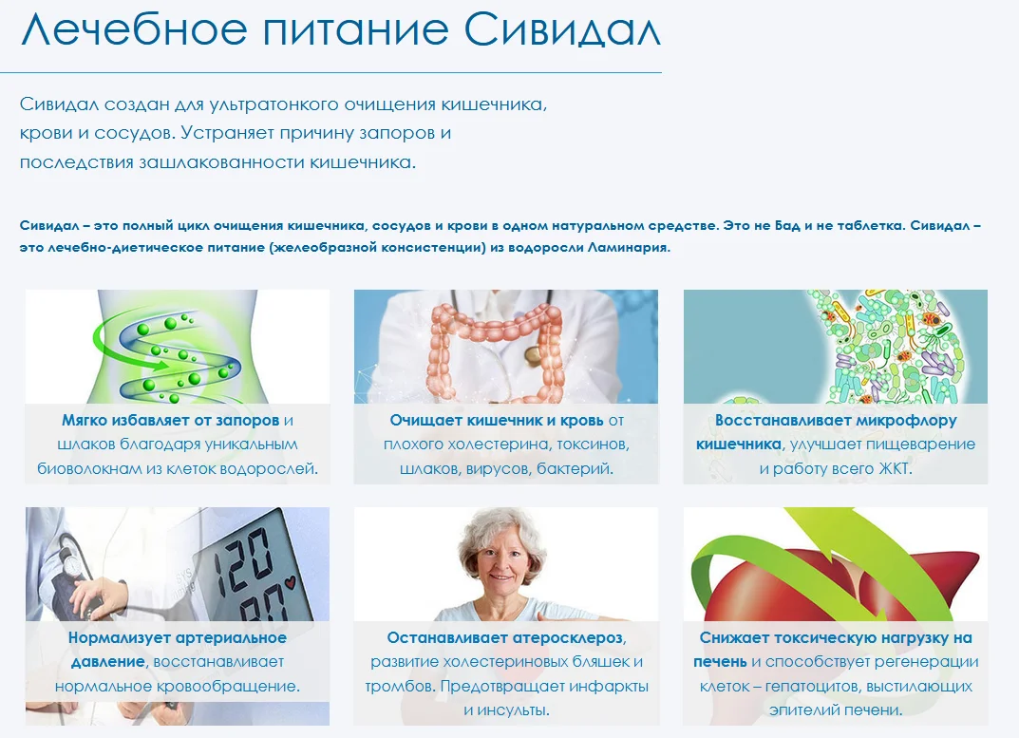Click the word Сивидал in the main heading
(x=562, y=31)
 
